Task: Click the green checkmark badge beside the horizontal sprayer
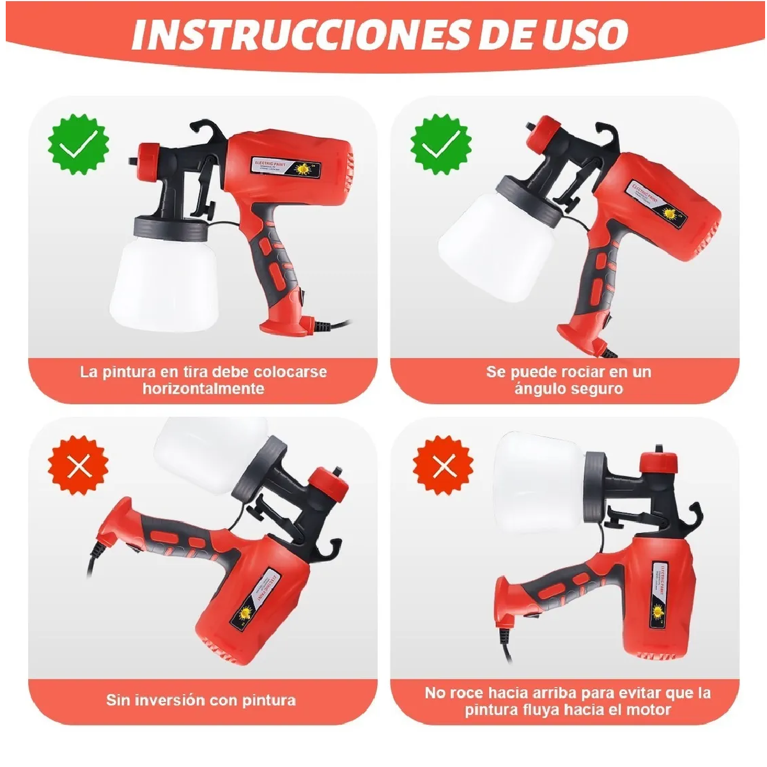tap(79, 144)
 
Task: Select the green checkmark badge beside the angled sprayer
tap(442, 144)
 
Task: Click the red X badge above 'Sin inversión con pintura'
tap(79, 465)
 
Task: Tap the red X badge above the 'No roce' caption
tap(444, 465)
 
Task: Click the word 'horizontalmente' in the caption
tap(203, 389)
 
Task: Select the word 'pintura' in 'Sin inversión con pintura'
tap(269, 700)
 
